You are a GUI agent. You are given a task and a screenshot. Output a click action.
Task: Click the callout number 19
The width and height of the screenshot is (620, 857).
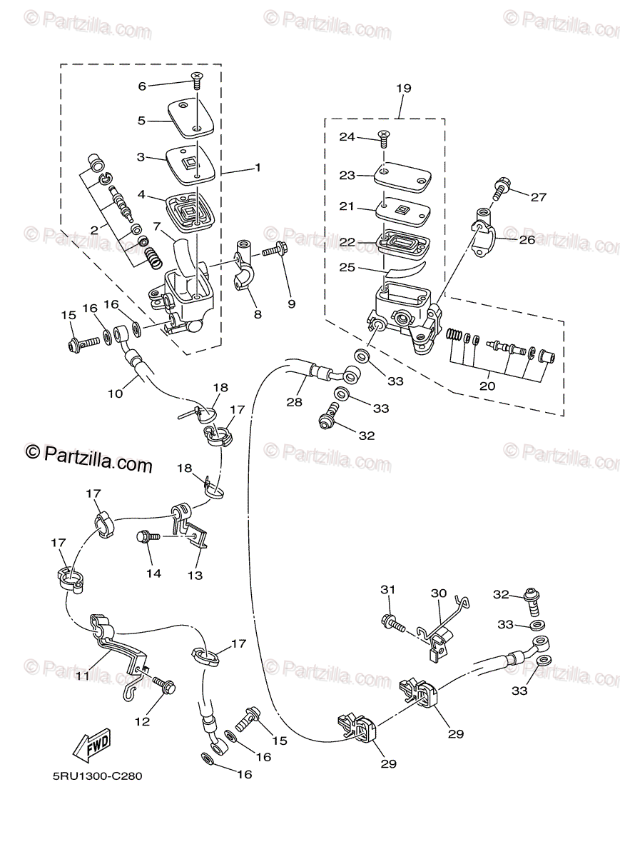point(404,89)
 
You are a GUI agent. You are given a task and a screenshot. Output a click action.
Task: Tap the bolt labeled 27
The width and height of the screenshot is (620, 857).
point(499,189)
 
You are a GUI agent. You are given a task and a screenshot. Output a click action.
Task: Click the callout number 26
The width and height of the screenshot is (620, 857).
point(527,240)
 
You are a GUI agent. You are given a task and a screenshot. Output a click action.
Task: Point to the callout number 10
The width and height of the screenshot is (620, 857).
point(116,392)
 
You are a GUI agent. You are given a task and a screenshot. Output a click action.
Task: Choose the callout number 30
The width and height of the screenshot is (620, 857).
point(438,593)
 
